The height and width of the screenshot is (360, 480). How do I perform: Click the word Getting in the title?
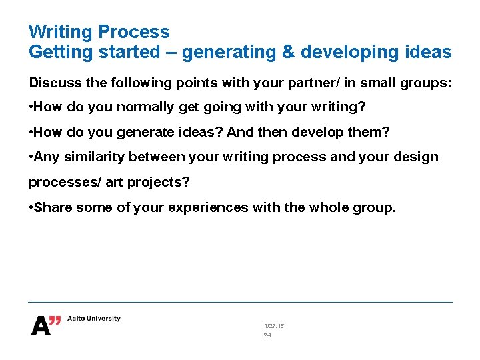61,52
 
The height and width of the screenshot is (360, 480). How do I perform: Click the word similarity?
93,157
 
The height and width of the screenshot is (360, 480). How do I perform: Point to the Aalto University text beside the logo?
94,319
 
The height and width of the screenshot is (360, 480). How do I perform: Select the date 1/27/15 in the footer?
273,325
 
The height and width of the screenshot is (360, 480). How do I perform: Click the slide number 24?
267,335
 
